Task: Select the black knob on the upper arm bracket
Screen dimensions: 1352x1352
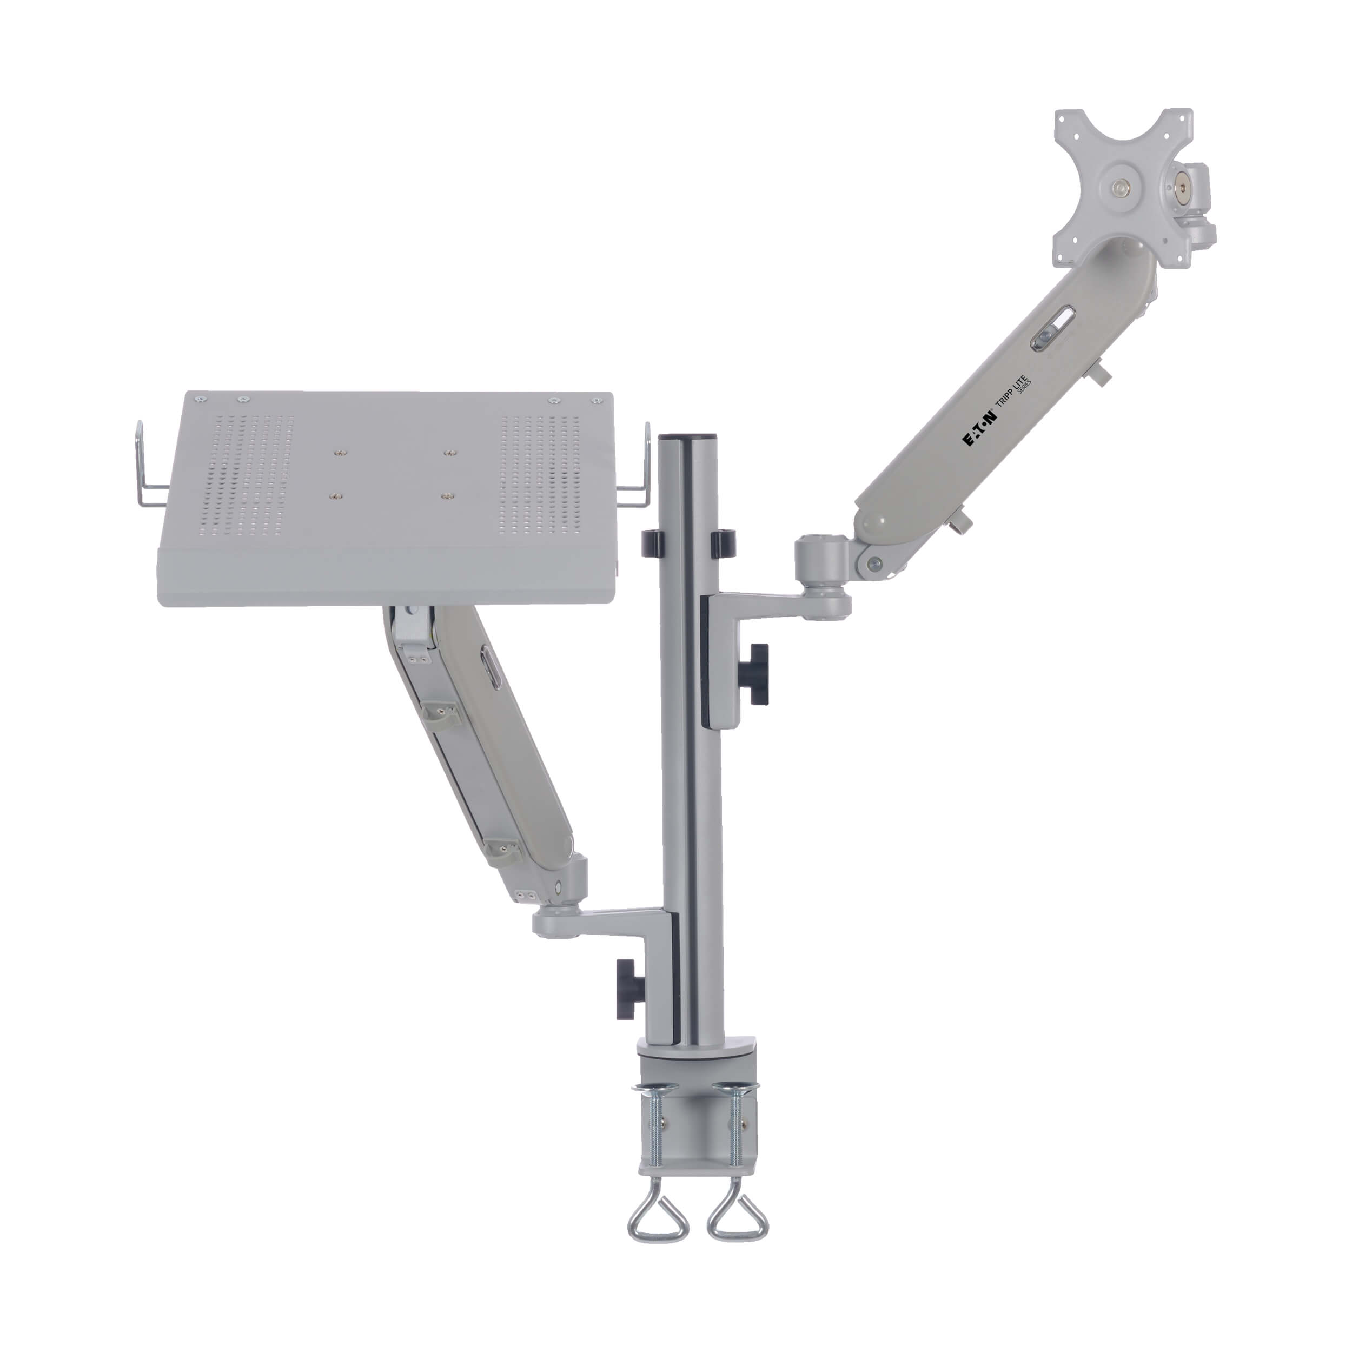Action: coord(757,674)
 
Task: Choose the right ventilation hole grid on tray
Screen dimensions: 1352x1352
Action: coord(540,476)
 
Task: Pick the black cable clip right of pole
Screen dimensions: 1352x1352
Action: coord(724,543)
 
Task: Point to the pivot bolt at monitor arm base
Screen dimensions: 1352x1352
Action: coord(873,564)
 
